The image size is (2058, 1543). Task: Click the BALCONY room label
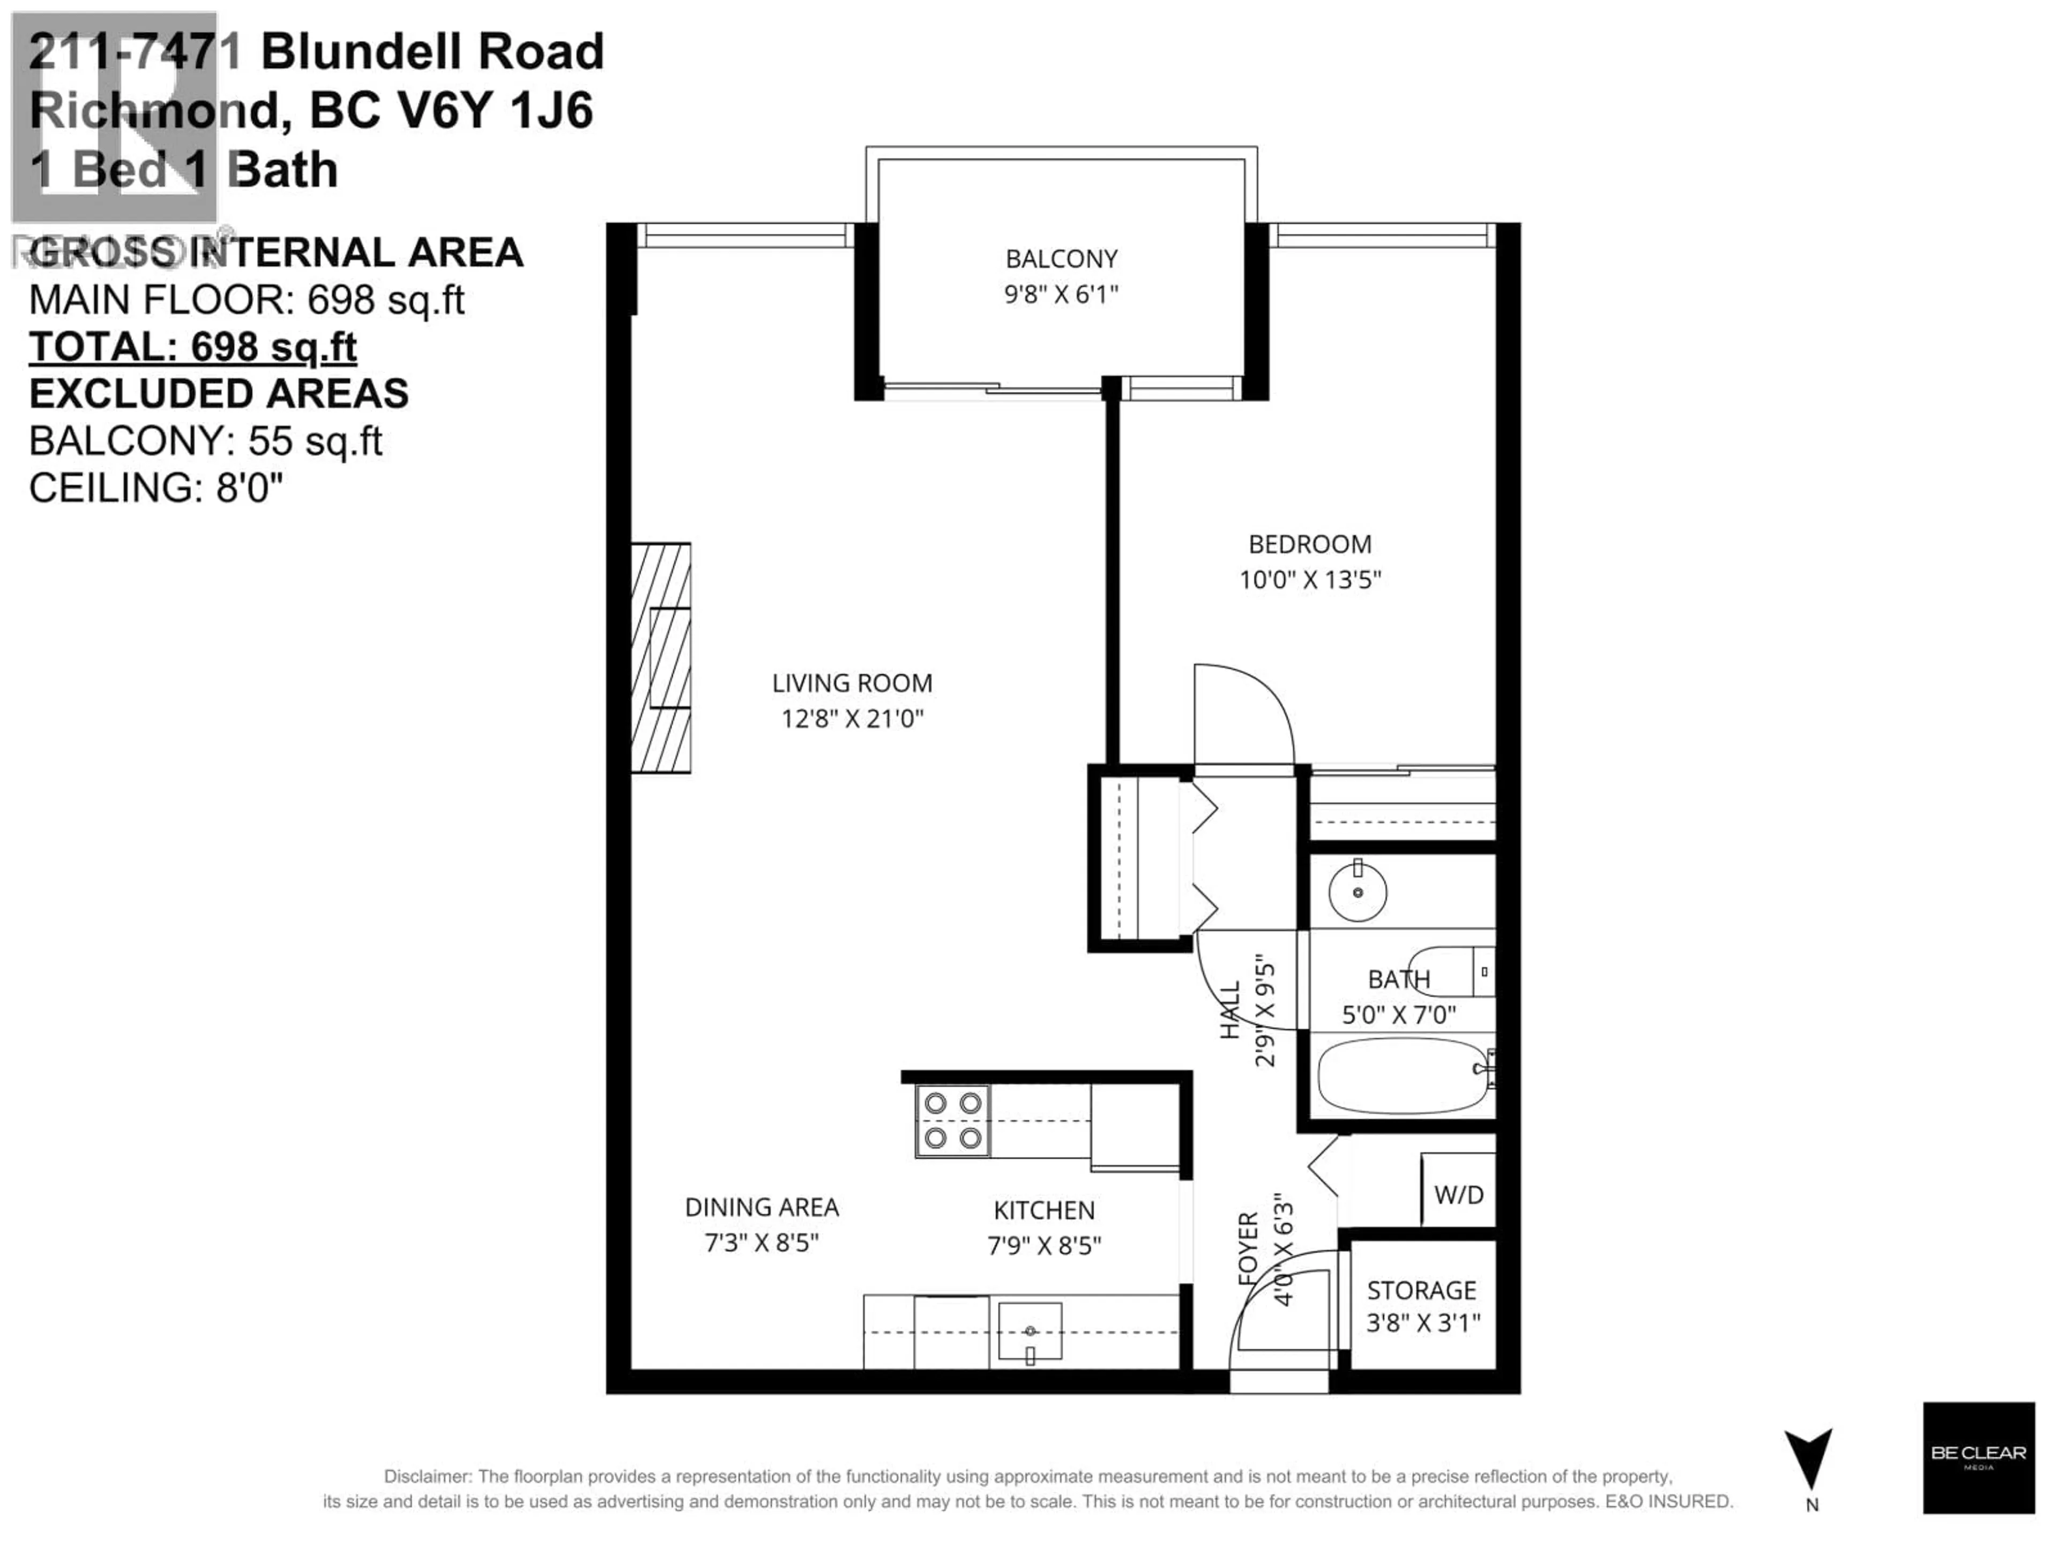1061,259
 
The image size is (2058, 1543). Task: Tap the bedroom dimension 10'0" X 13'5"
1309,580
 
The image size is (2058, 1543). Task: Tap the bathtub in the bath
1402,1075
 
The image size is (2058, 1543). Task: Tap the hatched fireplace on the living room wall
661,657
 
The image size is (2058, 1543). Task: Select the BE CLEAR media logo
1978,1457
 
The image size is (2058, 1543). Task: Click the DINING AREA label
761,1207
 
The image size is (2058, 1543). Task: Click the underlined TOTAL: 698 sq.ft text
192,347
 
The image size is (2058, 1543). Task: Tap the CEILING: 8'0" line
155,488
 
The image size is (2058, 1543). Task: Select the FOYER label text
1248,1249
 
